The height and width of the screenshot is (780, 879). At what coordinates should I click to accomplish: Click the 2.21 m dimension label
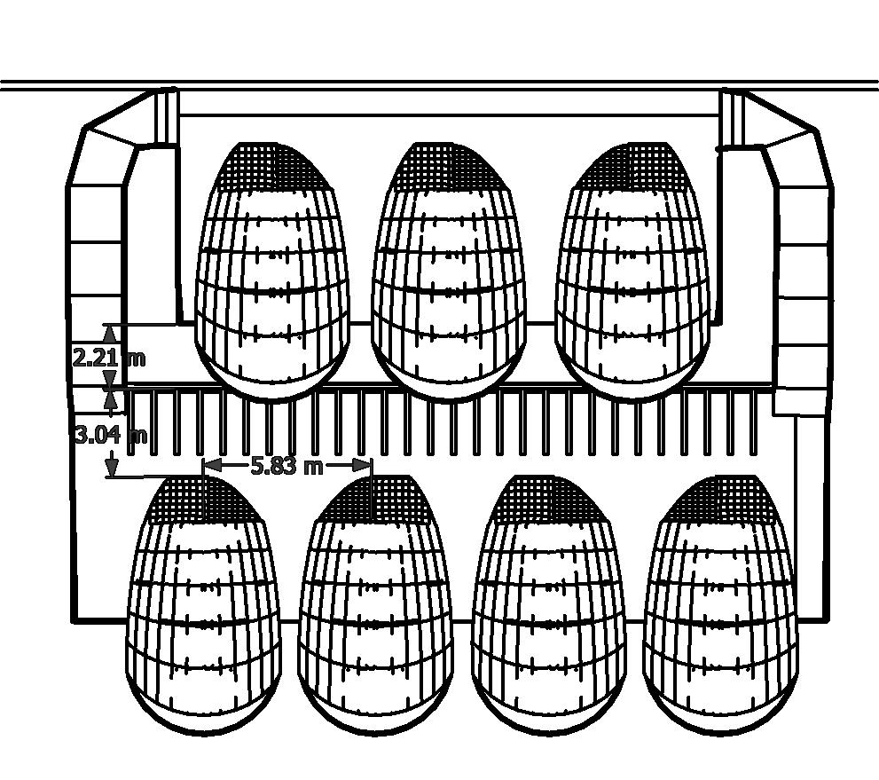tap(108, 358)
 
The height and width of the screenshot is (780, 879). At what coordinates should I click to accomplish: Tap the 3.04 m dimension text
tap(110, 435)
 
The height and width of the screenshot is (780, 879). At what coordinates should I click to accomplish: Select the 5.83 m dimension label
tap(286, 466)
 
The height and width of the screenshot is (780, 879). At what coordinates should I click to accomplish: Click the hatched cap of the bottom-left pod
tap(206, 500)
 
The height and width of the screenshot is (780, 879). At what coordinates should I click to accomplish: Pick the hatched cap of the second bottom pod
tap(378, 500)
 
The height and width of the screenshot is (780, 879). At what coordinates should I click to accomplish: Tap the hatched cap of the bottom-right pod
tap(720, 500)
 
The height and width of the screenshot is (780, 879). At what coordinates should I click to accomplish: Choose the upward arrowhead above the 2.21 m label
tap(109, 333)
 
